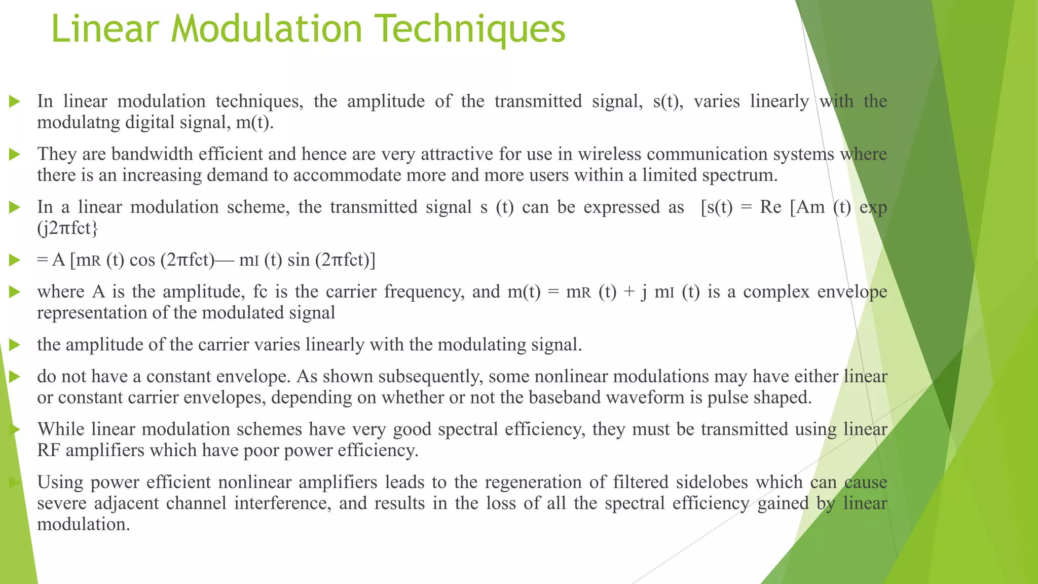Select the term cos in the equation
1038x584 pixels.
[142, 260]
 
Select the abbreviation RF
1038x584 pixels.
[49, 450]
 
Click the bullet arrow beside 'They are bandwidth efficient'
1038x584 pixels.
[15, 154]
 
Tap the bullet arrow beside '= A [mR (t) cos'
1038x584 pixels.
[15, 261]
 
